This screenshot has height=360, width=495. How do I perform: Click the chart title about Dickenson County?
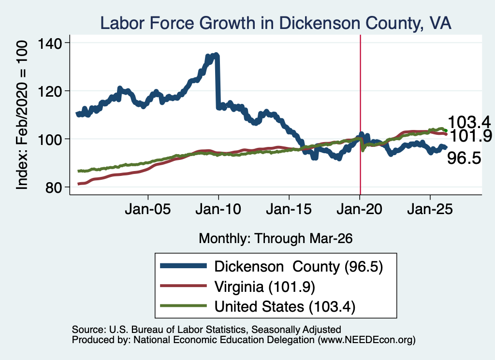tap(276, 23)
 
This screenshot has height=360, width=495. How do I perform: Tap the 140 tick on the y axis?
tap(50, 43)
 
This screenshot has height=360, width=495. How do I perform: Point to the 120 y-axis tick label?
tap(50, 91)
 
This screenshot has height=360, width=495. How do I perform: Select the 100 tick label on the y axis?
tap(50, 140)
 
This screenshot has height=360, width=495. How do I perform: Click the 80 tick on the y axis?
tap(53, 187)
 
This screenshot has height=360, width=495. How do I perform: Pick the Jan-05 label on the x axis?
tap(148, 209)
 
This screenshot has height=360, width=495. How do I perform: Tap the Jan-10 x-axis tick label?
tap(218, 209)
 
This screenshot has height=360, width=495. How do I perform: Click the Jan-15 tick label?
tap(289, 209)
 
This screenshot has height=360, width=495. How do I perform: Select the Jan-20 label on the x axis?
tap(359, 209)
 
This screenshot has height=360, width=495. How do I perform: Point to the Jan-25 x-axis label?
tap(430, 209)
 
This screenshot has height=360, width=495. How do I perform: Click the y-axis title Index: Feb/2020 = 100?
tap(22, 115)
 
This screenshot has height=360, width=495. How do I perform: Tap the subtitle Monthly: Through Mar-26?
tap(276, 239)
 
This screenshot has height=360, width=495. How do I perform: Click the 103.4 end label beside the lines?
tap(469, 122)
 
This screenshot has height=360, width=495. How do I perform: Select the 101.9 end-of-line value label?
tap(471, 136)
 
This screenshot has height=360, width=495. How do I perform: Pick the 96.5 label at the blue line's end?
tap(464, 158)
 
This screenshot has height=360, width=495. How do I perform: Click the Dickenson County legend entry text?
tap(299, 267)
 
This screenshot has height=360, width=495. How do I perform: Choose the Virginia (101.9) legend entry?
tap(265, 287)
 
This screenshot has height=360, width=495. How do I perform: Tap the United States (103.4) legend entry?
tap(285, 307)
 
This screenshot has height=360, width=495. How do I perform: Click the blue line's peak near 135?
tap(216, 55)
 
